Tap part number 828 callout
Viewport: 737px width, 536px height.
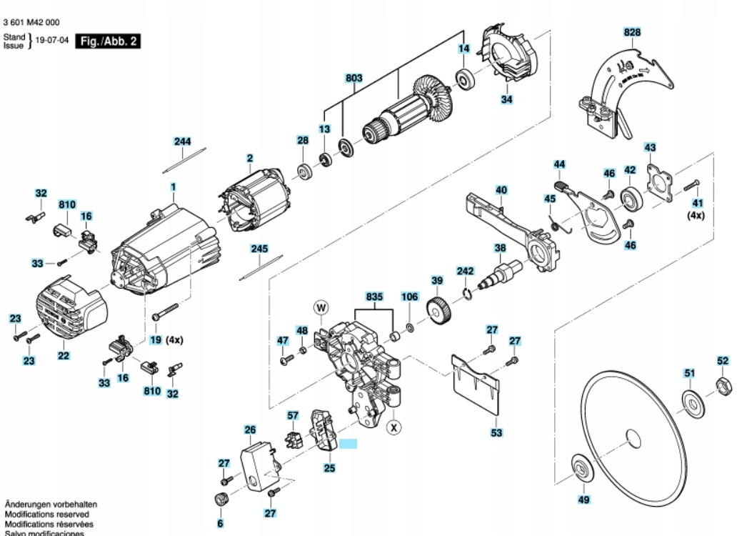click(632, 32)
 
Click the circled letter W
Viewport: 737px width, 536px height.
click(321, 308)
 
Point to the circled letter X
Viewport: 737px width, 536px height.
click(393, 427)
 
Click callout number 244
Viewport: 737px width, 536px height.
click(183, 142)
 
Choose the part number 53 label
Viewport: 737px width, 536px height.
click(496, 432)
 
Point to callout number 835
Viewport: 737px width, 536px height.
click(374, 295)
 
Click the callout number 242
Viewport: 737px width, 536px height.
click(465, 272)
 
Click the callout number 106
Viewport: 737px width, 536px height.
click(409, 296)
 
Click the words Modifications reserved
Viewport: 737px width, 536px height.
click(47, 514)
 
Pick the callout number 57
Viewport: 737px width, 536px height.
click(293, 415)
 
